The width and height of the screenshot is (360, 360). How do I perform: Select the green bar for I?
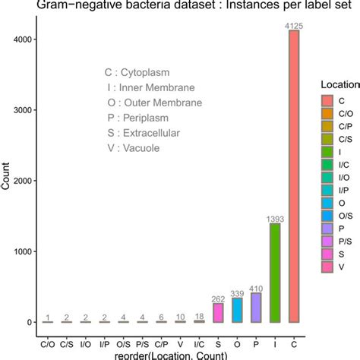pyautogui.click(x=274, y=273)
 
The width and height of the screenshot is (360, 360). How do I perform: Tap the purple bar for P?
pyautogui.click(x=255, y=308)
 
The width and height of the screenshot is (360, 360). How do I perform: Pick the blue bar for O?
pyautogui.click(x=236, y=310)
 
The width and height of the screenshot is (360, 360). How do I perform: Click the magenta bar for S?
pyautogui.click(x=217, y=313)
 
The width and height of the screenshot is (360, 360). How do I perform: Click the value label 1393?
pyautogui.click(x=274, y=219)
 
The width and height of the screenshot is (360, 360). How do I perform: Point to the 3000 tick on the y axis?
pyautogui.click(x=27, y=110)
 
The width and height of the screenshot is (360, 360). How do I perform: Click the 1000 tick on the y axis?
pyautogui.click(x=27, y=251)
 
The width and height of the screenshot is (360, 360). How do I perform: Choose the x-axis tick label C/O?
pyautogui.click(x=47, y=333)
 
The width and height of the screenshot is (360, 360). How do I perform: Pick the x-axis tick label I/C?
pyautogui.click(x=198, y=333)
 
